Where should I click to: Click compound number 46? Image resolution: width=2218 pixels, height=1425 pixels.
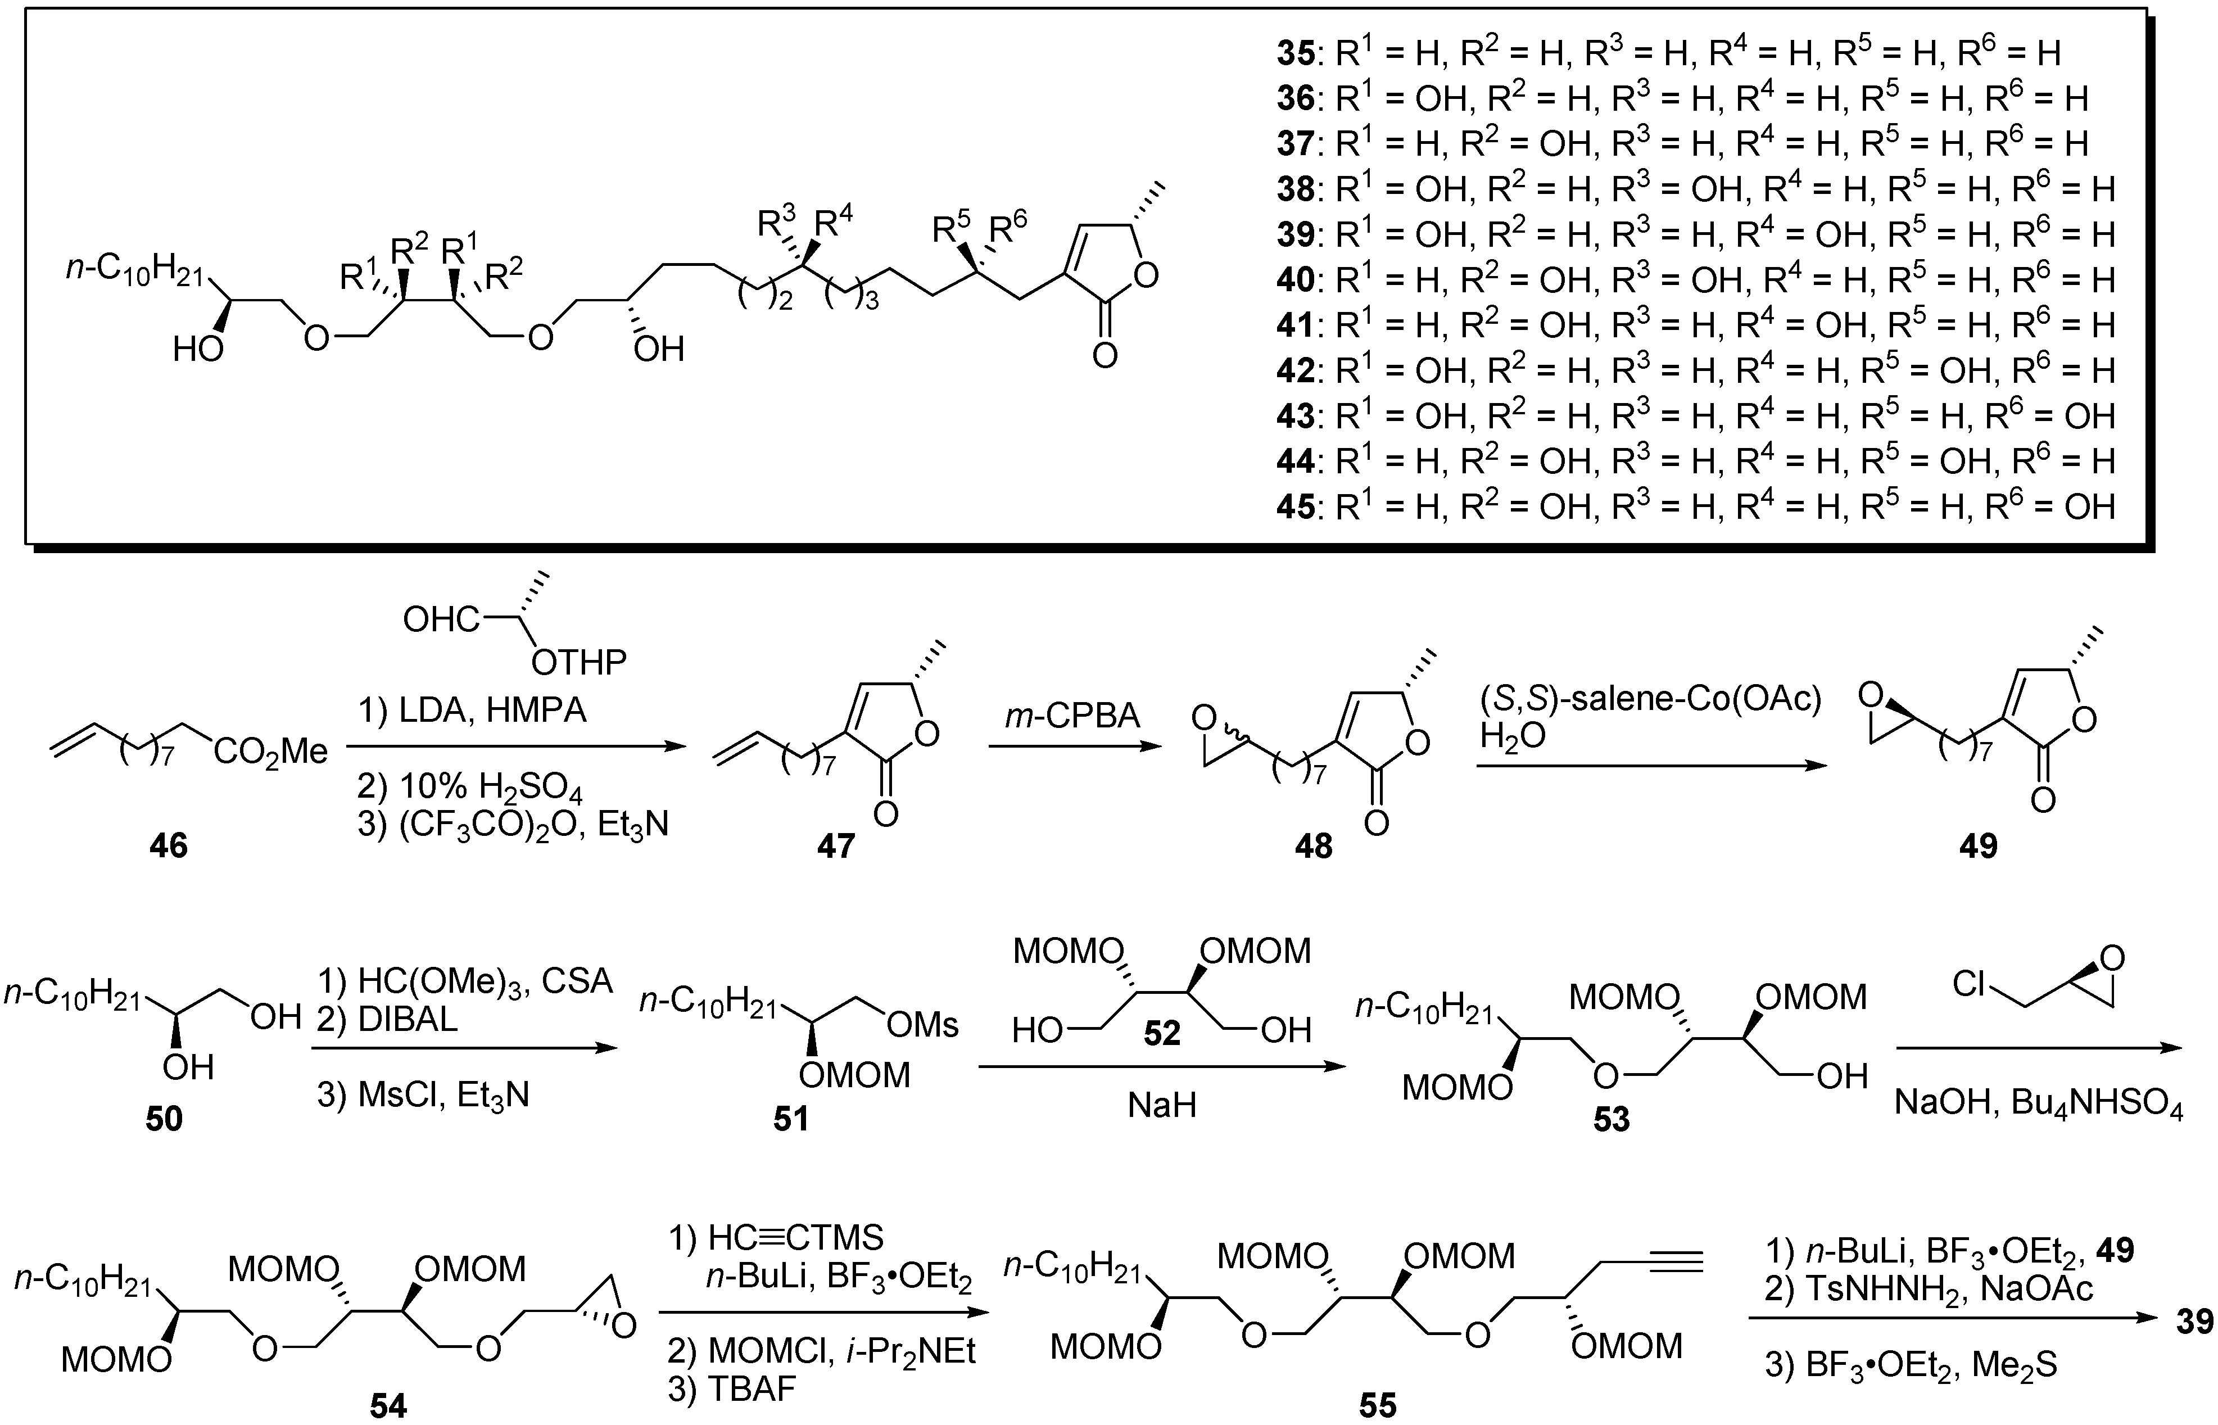tap(169, 846)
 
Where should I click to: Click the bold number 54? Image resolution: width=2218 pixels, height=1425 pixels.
tap(388, 1405)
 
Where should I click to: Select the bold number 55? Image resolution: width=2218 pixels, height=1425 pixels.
tap(1377, 1405)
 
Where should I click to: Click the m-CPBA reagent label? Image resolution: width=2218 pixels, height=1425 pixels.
tap(1074, 714)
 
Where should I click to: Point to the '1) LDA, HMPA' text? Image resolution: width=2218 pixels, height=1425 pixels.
tap(472, 710)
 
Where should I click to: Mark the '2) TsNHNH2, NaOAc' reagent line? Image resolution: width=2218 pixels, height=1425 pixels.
tap(1929, 1289)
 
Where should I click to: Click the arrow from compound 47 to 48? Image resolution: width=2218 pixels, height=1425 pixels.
tap(1074, 746)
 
